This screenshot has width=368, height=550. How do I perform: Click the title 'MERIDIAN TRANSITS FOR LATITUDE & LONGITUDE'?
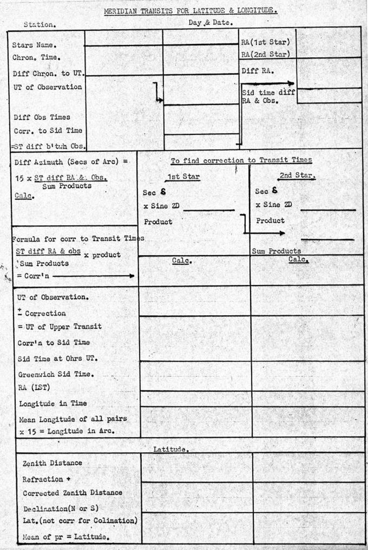click(190, 10)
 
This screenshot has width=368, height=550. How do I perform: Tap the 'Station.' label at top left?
click(39, 25)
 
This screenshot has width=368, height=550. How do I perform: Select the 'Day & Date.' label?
click(211, 23)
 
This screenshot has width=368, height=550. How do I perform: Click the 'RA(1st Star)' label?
click(265, 42)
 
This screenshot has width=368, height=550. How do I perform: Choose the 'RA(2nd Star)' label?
click(265, 55)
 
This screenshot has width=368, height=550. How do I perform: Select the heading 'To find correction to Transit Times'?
click(241, 160)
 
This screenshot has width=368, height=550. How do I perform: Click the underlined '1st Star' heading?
click(182, 177)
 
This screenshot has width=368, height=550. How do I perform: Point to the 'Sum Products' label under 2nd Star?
click(276, 251)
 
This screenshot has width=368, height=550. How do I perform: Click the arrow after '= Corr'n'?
click(93, 276)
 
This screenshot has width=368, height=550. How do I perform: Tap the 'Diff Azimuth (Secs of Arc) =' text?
click(71, 162)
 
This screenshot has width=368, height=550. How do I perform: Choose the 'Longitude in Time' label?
click(53, 404)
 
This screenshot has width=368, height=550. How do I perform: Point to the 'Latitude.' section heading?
click(171, 449)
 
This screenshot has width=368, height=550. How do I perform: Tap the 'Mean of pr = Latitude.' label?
click(65, 537)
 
